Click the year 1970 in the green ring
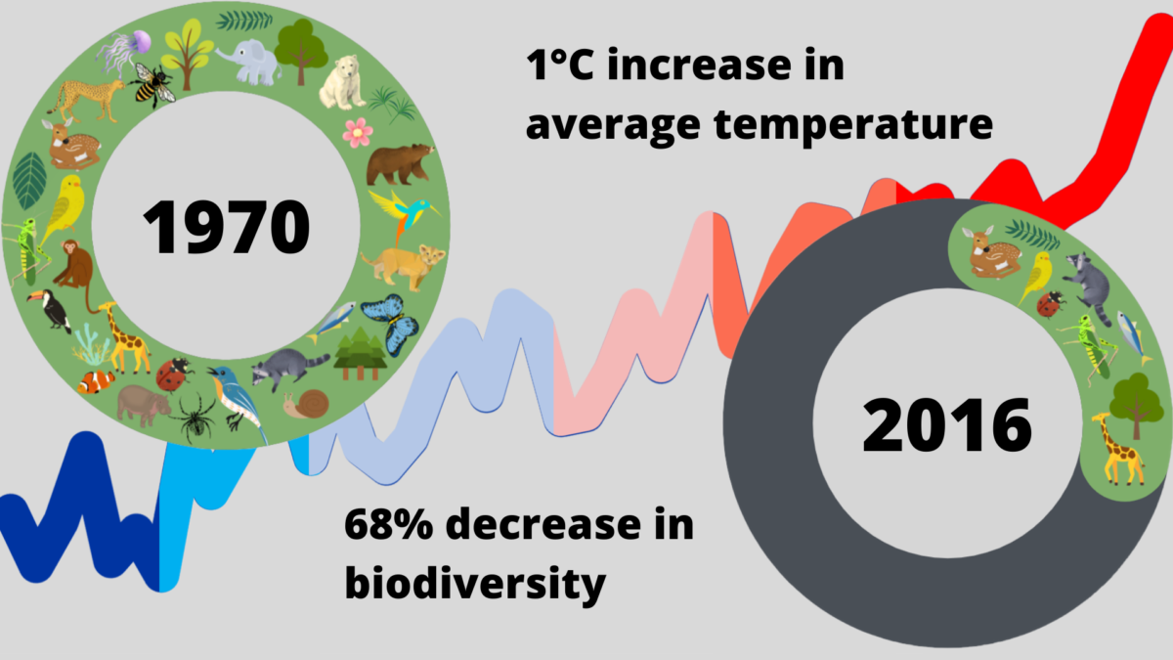[226, 227]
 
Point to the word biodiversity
[474, 584]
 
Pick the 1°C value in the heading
[562, 67]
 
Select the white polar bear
[340, 83]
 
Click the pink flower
[357, 131]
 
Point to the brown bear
[399, 163]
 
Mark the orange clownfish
[96, 381]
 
